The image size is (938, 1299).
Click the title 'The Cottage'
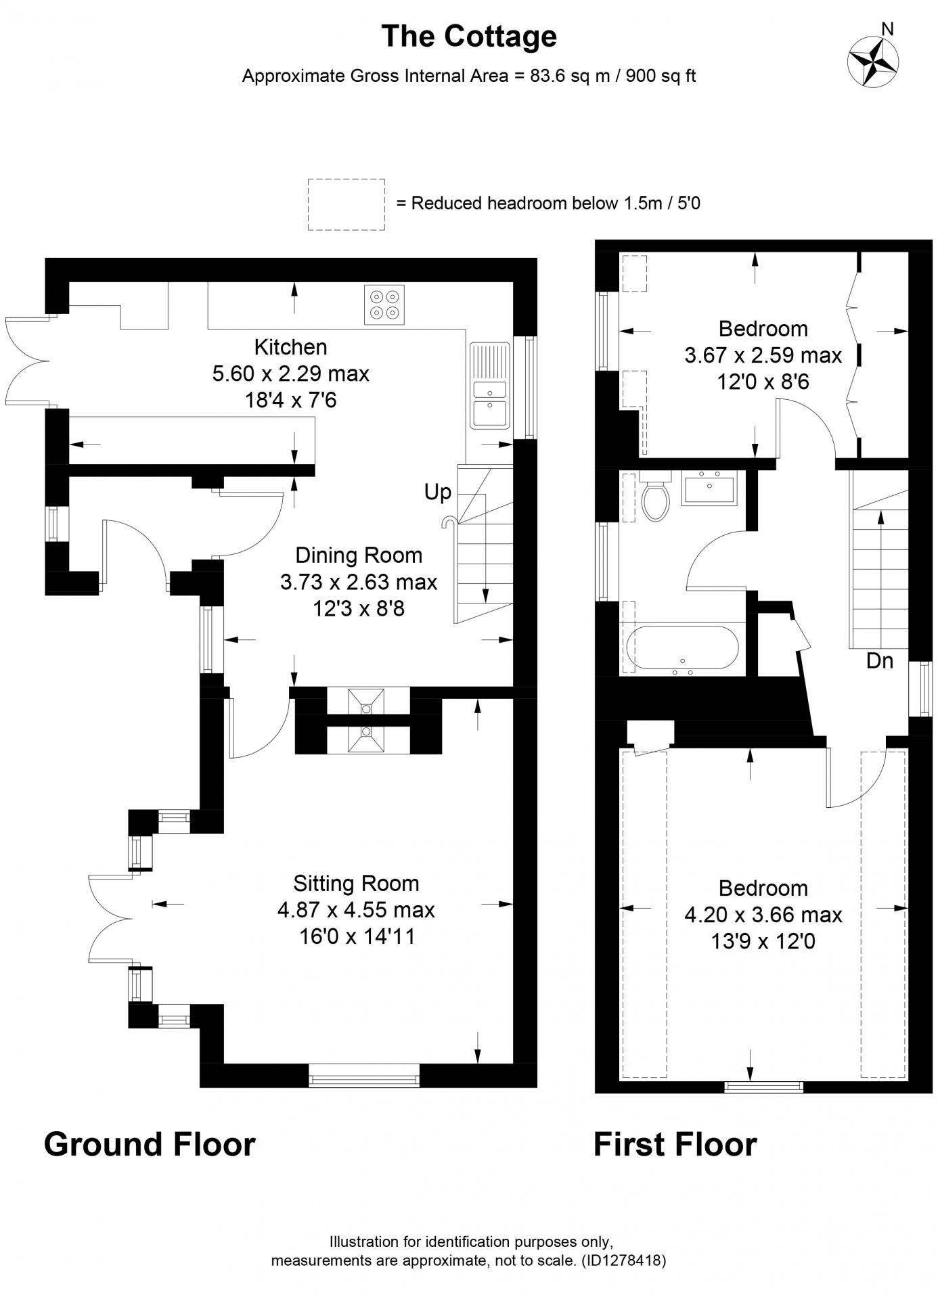coord(469,36)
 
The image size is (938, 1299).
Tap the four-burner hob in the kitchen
coord(384,305)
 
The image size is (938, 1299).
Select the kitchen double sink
coord(489,385)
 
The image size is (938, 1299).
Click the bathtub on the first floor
coord(682,647)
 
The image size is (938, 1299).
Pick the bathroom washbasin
coord(709,487)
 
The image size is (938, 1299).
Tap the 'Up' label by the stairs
coord(437,493)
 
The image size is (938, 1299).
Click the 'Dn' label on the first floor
coord(880,661)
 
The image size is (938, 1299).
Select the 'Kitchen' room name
coord(290,347)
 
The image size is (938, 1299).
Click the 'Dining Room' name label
coord(359,555)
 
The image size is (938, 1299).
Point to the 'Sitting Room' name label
coord(356,884)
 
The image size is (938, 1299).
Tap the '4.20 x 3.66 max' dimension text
coord(763,915)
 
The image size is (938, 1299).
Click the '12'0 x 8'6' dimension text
coord(763,382)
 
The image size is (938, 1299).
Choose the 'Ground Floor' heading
coord(150,1144)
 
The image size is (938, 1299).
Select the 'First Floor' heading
coord(675,1144)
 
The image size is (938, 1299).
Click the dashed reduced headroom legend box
coord(347,204)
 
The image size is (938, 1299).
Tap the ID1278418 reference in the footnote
coord(623,1260)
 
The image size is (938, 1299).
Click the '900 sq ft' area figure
coord(661,76)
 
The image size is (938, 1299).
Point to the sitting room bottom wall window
coord(364,1075)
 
